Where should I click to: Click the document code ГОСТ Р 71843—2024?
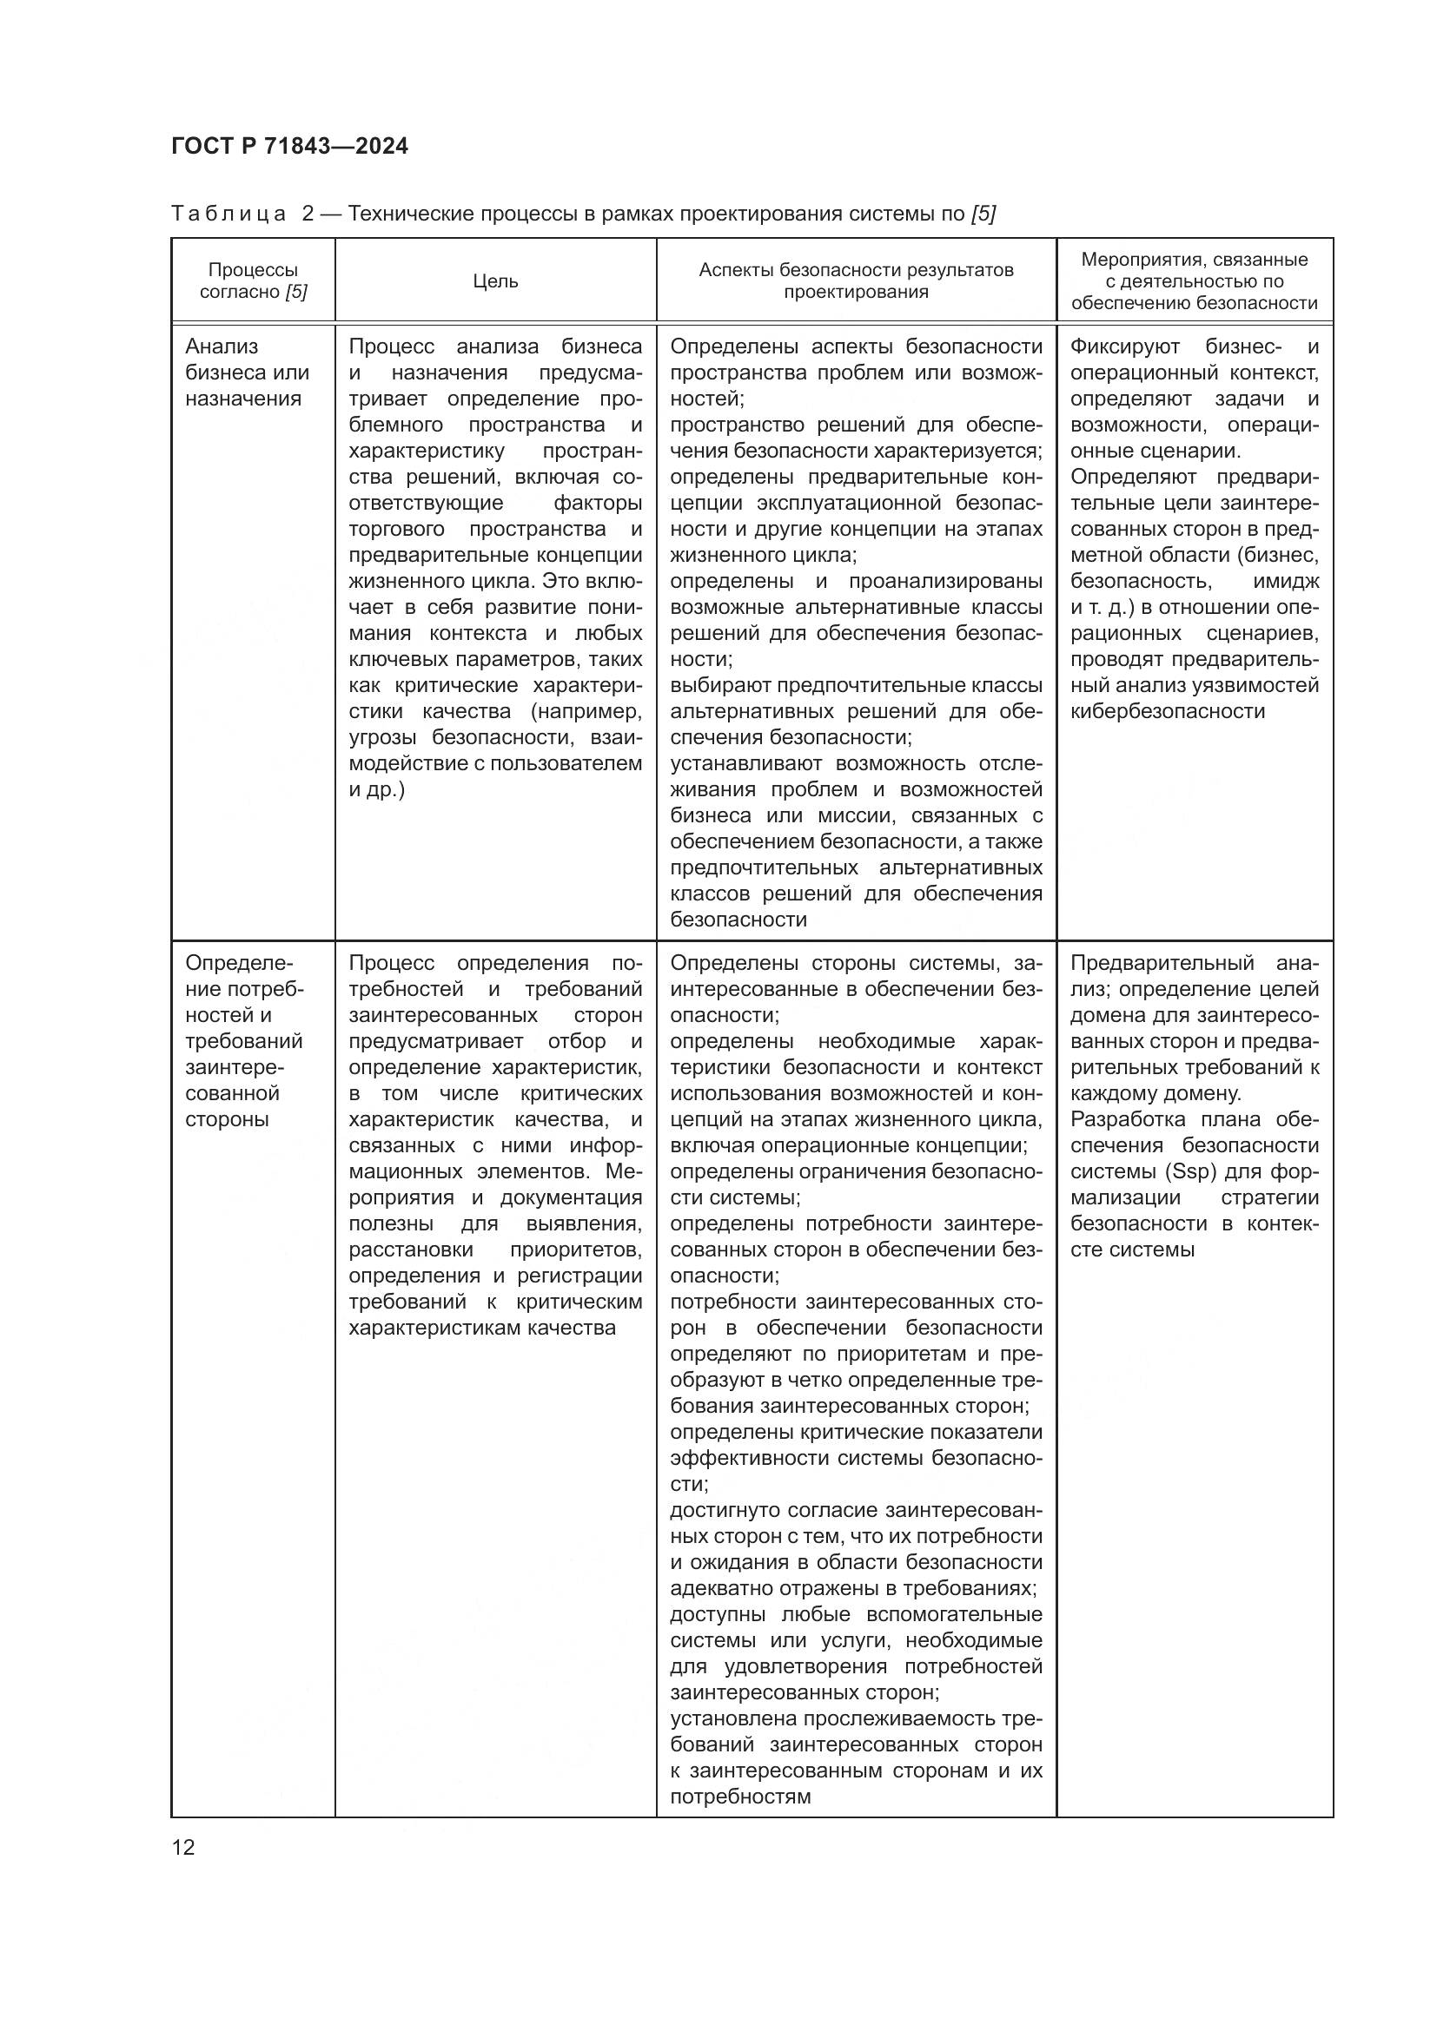[x=289, y=147]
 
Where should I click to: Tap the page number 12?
[x=183, y=1847]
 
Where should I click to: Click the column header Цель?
[x=494, y=281]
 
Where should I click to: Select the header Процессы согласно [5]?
[x=253, y=281]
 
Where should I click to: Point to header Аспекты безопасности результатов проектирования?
[x=856, y=281]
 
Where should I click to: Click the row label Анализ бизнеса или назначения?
[x=247, y=373]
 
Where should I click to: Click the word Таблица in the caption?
[x=228, y=214]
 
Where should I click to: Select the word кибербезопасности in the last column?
[x=1167, y=711]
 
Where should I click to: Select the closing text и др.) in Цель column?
[x=376, y=789]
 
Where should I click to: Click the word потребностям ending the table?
[x=739, y=1797]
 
